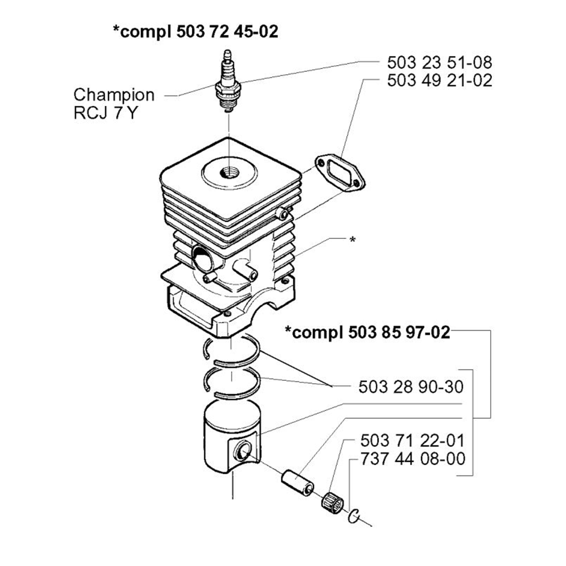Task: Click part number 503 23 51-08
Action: pyautogui.click(x=439, y=62)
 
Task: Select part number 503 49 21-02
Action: pyautogui.click(x=439, y=80)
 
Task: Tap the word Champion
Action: pyautogui.click(x=114, y=94)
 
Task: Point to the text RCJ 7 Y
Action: pyautogui.click(x=104, y=113)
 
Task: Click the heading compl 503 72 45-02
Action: pyautogui.click(x=196, y=32)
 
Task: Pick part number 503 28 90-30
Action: pyautogui.click(x=411, y=387)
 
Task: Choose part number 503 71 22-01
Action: pyautogui.click(x=413, y=440)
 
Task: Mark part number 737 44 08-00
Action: pyautogui.click(x=413, y=458)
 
